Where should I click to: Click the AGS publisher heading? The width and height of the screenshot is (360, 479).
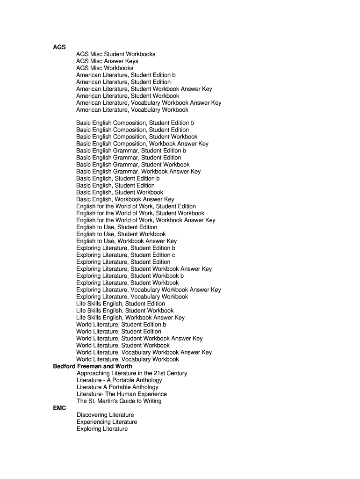tap(59, 47)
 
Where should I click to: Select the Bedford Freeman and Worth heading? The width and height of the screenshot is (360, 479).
tap(93, 366)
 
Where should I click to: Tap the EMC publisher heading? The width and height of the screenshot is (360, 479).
tap(60, 408)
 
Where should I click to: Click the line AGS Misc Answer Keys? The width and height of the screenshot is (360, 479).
tap(107, 61)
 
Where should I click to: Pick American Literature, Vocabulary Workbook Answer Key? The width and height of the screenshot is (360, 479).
tap(149, 103)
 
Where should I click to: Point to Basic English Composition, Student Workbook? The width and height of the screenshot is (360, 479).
tap(137, 137)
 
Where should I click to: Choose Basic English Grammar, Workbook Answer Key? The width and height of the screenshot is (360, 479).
tap(138, 172)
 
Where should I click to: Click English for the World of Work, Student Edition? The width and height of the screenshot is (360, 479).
tap(136, 206)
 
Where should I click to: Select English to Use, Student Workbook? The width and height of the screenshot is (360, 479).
tap(121, 234)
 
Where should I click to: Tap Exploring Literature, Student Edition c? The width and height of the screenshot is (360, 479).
tap(126, 255)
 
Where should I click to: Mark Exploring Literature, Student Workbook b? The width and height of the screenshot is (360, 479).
tap(130, 276)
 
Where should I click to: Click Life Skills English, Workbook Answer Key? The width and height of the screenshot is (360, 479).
tap(130, 318)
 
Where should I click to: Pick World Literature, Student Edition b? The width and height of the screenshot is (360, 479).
tap(121, 325)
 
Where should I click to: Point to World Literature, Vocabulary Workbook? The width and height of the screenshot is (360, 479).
tap(128, 359)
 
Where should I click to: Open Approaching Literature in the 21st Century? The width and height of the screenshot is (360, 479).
tap(132, 373)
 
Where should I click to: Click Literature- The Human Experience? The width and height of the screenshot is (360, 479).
tap(122, 394)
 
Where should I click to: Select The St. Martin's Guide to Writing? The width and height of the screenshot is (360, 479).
tap(119, 401)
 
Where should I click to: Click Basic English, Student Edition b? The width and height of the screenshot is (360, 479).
tap(118, 179)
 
